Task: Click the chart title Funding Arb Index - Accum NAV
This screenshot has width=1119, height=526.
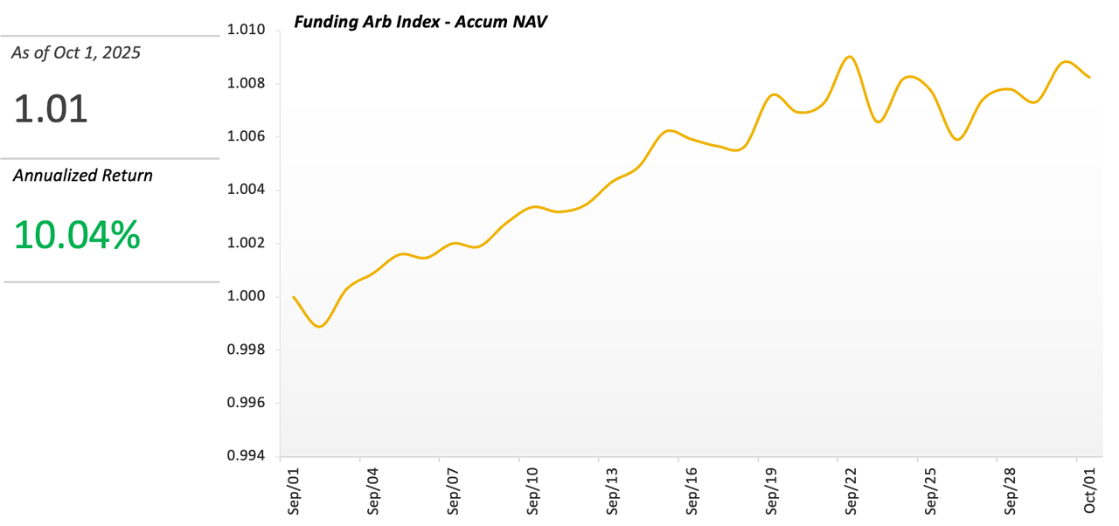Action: click(x=420, y=23)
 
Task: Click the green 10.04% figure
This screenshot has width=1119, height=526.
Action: click(x=77, y=235)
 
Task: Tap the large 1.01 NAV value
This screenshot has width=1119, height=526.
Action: click(x=51, y=110)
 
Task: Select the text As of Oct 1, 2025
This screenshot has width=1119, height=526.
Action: click(x=75, y=53)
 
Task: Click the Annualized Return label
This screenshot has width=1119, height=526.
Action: click(x=82, y=176)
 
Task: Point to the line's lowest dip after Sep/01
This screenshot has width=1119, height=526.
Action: click(x=319, y=327)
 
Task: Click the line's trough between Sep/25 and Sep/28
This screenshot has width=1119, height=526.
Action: click(x=958, y=139)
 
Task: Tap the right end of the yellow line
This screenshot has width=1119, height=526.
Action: click(x=1089, y=78)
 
